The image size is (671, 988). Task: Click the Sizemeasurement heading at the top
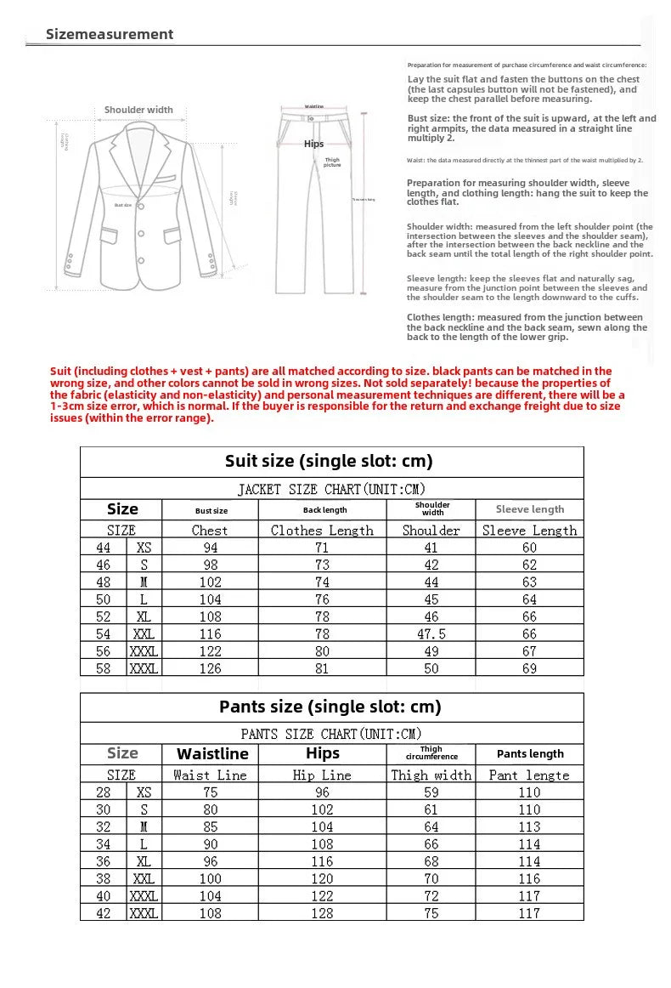click(110, 34)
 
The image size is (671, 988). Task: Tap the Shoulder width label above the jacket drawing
click(138, 110)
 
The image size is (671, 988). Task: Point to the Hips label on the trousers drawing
click(313, 144)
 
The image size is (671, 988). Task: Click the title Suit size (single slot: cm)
click(329, 461)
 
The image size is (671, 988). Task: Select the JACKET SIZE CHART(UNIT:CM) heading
click(331, 489)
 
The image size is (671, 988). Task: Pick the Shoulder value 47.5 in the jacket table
click(431, 633)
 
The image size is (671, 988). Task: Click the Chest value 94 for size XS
click(210, 548)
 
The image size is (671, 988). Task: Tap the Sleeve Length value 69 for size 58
click(529, 668)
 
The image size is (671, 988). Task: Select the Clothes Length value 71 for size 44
click(322, 548)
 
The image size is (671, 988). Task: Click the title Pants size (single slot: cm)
click(330, 707)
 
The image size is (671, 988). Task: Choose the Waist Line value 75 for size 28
click(210, 792)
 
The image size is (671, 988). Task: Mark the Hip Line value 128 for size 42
click(322, 912)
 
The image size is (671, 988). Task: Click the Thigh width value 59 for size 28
click(431, 792)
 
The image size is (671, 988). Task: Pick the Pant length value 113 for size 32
click(529, 826)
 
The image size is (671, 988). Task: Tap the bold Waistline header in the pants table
click(212, 754)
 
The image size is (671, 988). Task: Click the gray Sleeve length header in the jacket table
click(529, 509)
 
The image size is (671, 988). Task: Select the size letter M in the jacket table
click(144, 582)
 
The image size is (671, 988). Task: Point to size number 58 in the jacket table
click(104, 668)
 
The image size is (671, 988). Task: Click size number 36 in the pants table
click(104, 861)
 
